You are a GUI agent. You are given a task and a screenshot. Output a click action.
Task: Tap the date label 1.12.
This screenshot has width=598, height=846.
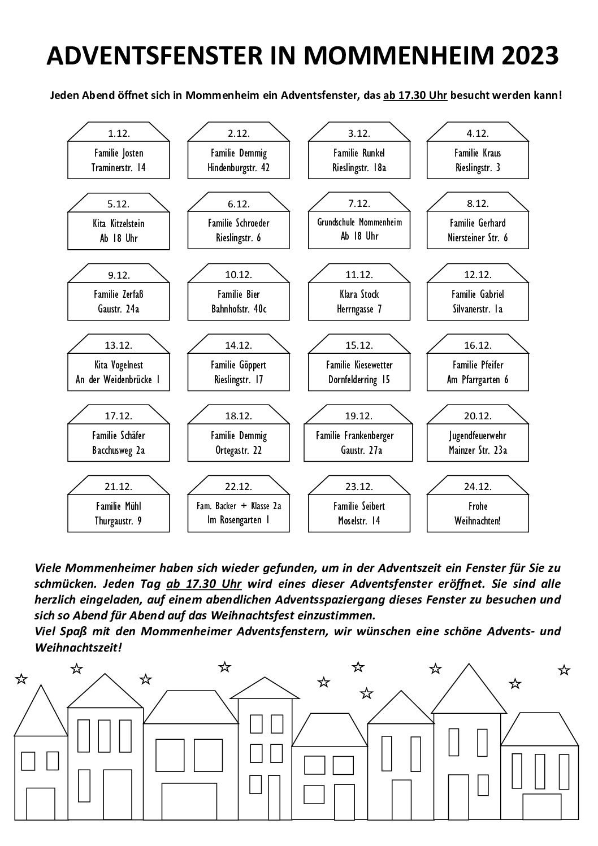[119, 133]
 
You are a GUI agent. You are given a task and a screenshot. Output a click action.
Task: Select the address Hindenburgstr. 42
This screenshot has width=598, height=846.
[239, 168]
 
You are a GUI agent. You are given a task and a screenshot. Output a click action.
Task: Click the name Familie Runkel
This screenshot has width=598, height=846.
[359, 153]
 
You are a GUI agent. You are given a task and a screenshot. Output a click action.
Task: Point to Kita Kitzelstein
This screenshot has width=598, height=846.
[119, 224]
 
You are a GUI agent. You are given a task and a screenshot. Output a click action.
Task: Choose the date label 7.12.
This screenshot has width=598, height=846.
[359, 203]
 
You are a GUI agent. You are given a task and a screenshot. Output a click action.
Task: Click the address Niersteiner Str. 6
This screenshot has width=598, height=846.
[478, 238]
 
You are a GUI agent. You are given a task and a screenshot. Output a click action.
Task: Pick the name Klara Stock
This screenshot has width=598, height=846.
[359, 294]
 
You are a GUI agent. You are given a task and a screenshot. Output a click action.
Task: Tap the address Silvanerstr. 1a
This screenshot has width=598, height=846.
[478, 309]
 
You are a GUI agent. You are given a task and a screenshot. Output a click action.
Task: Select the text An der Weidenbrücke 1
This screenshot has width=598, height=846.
[118, 380]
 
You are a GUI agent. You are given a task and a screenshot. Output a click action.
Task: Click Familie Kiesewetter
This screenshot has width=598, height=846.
[359, 365]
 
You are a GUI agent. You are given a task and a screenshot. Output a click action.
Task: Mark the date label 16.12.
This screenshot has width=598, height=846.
[478, 345]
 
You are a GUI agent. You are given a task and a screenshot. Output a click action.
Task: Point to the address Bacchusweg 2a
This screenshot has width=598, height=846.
[119, 450]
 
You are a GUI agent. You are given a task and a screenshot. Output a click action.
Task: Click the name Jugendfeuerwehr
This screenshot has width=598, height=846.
[478, 436]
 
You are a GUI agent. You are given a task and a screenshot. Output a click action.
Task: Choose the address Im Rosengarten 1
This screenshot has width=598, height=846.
[239, 520]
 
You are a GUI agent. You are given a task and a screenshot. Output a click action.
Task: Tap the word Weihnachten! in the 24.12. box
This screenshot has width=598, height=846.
[478, 521]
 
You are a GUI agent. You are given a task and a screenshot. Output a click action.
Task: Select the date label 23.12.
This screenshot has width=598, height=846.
[359, 487]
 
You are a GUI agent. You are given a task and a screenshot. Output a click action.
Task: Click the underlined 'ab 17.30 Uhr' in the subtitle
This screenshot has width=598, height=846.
[415, 96]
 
